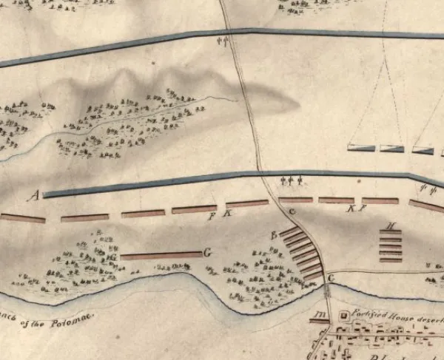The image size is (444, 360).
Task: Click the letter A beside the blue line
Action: click(x=33, y=195)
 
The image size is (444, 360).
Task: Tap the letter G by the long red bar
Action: click(x=208, y=253)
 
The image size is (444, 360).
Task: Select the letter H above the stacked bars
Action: click(x=391, y=225)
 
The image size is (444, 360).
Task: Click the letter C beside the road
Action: click(x=292, y=213)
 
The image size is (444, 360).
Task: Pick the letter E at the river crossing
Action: click(x=331, y=277)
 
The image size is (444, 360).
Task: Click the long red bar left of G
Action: click(x=161, y=256)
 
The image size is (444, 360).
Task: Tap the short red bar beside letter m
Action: click(x=318, y=322)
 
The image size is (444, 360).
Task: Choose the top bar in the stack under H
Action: click(x=390, y=234)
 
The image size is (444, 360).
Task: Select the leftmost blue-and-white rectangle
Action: click(x=360, y=149)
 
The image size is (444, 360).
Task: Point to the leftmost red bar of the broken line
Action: click(x=23, y=218)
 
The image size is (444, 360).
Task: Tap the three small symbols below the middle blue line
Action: click(x=294, y=180)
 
